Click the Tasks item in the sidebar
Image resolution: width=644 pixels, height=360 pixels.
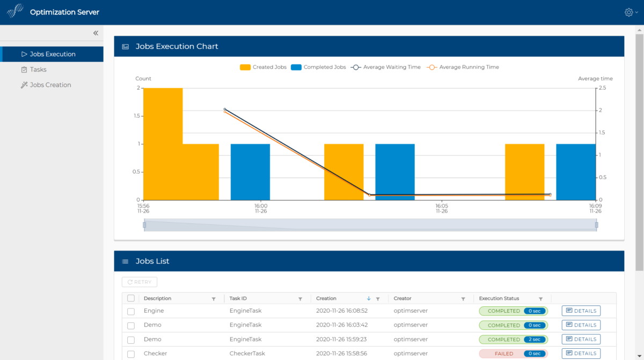tap(38, 70)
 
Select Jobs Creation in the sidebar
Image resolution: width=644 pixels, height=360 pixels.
tap(50, 85)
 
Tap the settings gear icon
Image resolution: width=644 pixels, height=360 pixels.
tap(629, 12)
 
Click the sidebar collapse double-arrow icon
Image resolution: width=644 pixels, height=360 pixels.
tap(96, 33)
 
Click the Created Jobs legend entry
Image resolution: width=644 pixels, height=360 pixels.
tap(263, 68)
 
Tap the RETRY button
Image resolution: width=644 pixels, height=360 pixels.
tap(140, 282)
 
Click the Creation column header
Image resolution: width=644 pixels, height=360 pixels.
tap(326, 298)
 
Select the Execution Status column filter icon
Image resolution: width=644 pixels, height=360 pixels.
tap(541, 299)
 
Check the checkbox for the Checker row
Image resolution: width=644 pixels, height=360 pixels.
tap(131, 354)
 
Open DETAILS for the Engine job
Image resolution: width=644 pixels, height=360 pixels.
tap(581, 311)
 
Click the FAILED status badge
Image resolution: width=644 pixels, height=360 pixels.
tap(503, 354)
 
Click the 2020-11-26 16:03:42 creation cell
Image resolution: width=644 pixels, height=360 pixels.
tap(342, 325)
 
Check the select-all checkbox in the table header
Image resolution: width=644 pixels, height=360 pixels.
tap(131, 298)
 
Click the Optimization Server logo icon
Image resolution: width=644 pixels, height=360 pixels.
tap(16, 12)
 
